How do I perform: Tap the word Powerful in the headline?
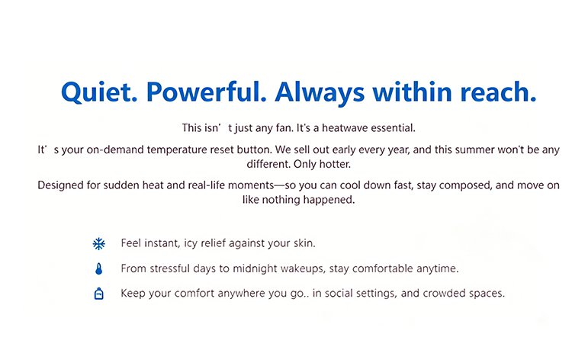tap(206, 92)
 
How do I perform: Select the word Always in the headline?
tap(320, 92)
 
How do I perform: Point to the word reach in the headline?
tap(498, 92)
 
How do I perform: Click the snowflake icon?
tap(99, 243)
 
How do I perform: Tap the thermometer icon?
tap(99, 268)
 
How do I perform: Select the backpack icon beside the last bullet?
tap(99, 294)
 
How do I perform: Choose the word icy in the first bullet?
tap(191, 243)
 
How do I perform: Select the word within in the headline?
tap(412, 92)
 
